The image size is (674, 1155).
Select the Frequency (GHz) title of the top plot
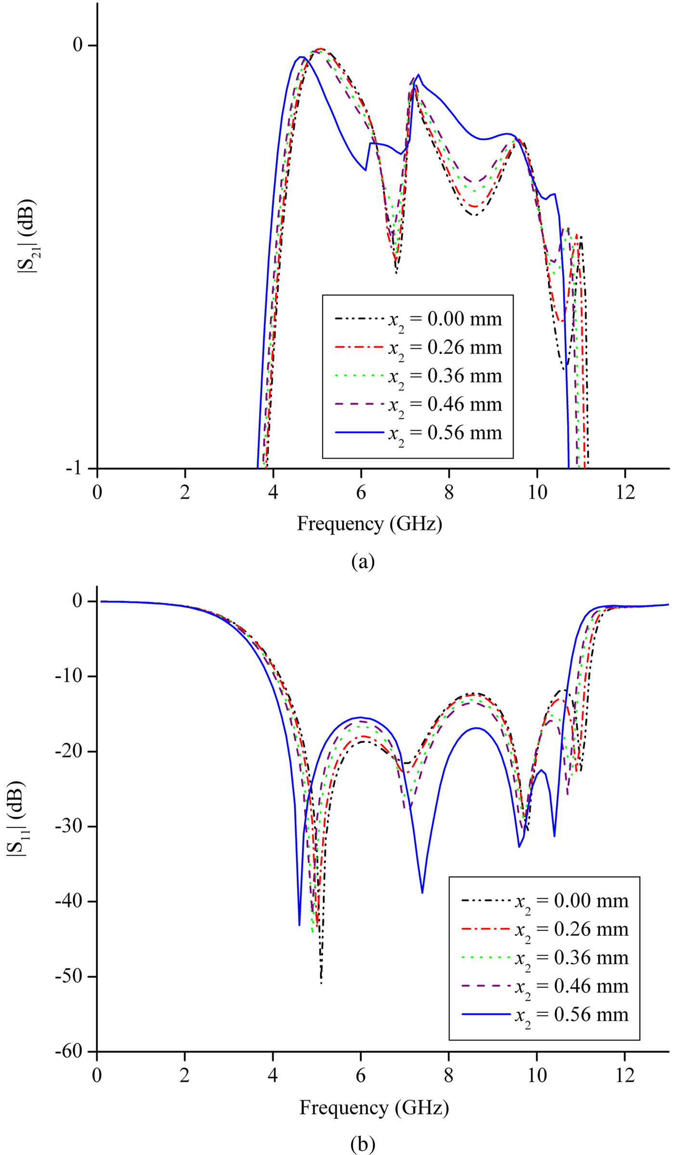pos(369,524)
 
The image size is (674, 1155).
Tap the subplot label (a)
pos(363,562)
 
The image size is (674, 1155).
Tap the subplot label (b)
pos(363,1144)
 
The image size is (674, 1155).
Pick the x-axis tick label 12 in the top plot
pos(625,492)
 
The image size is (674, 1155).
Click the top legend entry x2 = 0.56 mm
pos(445,433)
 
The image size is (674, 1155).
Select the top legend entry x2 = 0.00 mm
pos(445,319)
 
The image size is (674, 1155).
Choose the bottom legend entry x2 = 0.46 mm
pos(571,986)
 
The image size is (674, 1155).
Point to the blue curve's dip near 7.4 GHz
pos(422,892)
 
